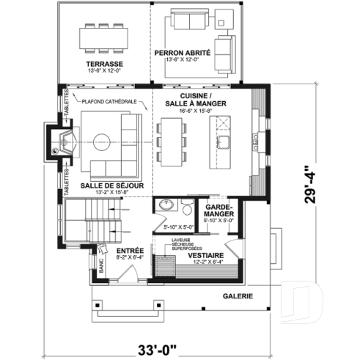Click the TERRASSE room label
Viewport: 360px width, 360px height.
(103, 65)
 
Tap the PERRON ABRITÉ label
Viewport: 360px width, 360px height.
(183, 54)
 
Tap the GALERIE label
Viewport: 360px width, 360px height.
(238, 297)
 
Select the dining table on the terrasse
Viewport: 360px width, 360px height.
(102, 34)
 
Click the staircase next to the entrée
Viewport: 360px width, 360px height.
(89, 220)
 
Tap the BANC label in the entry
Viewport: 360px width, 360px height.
(101, 269)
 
